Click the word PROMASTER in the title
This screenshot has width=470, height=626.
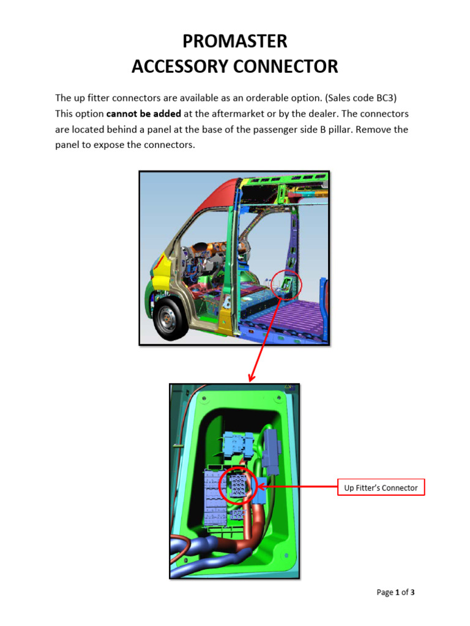(234, 42)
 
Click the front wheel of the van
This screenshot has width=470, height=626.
(168, 318)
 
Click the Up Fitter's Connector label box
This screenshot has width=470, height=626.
(381, 487)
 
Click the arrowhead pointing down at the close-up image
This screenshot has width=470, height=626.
(251, 377)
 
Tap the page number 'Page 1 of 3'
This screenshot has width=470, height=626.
(395, 592)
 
